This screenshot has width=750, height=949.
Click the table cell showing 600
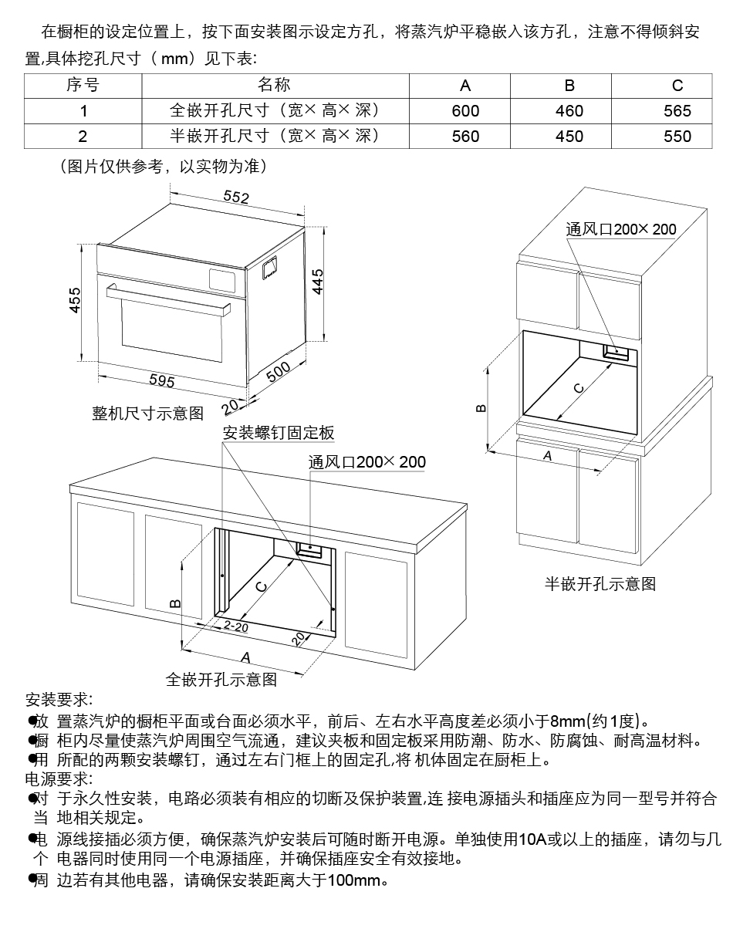465,111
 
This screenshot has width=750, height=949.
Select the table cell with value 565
677,111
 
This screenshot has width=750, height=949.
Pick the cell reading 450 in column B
569,137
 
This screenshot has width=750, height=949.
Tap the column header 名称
274,85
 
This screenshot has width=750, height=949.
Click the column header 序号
83,85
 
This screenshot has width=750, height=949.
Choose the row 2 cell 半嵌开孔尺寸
274,137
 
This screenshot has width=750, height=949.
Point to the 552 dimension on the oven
236,198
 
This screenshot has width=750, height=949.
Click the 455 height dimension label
75,299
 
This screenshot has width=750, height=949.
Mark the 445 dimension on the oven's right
318,282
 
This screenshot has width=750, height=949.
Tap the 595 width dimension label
161,380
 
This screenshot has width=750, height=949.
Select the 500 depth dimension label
279,371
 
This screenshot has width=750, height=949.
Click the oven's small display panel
223,275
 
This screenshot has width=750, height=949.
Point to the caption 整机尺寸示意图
147,414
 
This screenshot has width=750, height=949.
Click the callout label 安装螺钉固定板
279,433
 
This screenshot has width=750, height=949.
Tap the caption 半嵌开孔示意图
600,584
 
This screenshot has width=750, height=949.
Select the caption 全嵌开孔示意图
221,680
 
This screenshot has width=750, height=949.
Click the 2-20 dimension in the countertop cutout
235,627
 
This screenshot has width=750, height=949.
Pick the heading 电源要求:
59,778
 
